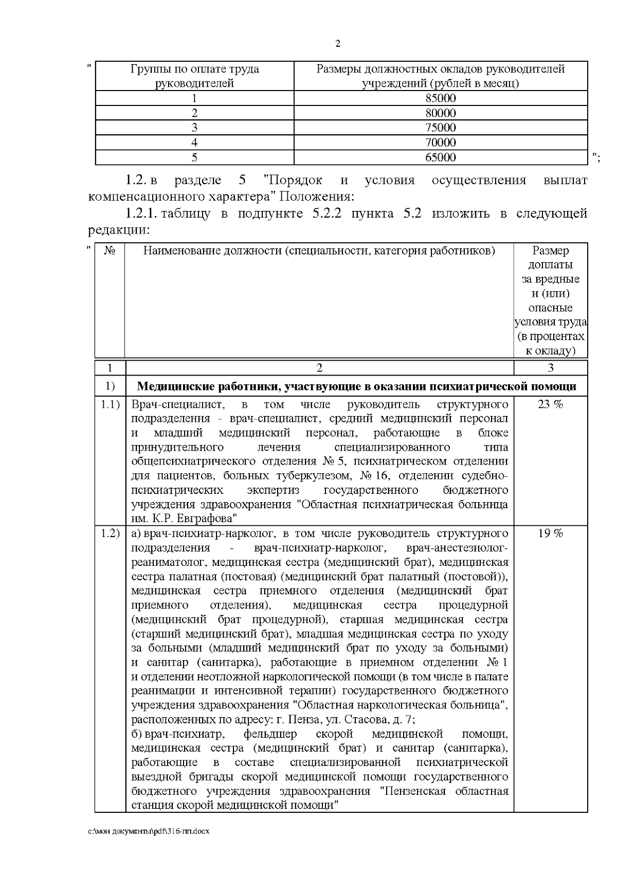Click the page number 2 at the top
[x=337, y=44]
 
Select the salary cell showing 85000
[x=440, y=98]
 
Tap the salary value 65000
[x=440, y=157]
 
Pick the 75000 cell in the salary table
[x=440, y=128]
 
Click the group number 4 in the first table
[x=194, y=142]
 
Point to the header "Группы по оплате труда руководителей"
[x=194, y=76]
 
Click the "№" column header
[x=110, y=251]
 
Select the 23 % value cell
[x=550, y=404]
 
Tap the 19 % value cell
[x=550, y=533]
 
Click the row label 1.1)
[x=110, y=404]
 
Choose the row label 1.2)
[x=110, y=533]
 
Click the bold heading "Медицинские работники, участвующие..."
[x=357, y=386]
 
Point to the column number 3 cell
[x=550, y=367]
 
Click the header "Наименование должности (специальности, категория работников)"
[x=319, y=251]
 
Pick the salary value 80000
[x=440, y=113]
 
